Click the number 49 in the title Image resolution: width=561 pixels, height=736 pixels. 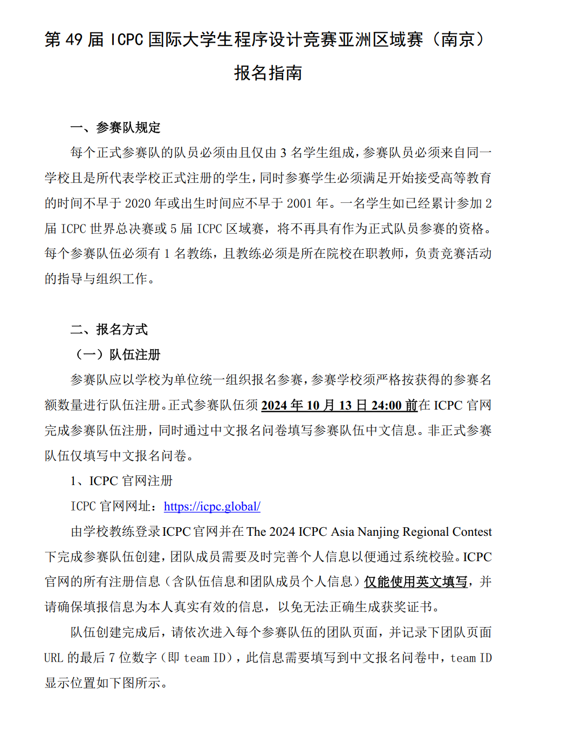click(74, 39)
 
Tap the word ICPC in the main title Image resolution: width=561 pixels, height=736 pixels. click(127, 39)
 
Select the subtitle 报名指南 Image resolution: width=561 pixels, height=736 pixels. click(268, 73)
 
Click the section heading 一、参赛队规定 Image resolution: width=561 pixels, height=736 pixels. click(115, 128)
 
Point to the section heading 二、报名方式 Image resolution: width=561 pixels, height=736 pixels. click(109, 330)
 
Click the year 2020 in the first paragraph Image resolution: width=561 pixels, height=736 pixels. click(138, 203)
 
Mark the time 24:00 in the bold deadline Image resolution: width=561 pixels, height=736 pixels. click(386, 405)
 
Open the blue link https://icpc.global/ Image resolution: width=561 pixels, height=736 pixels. click(212, 506)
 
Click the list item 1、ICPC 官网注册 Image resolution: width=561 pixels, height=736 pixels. click(121, 481)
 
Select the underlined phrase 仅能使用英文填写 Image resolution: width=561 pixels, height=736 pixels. click(415, 582)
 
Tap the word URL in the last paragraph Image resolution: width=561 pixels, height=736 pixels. click(53, 658)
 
